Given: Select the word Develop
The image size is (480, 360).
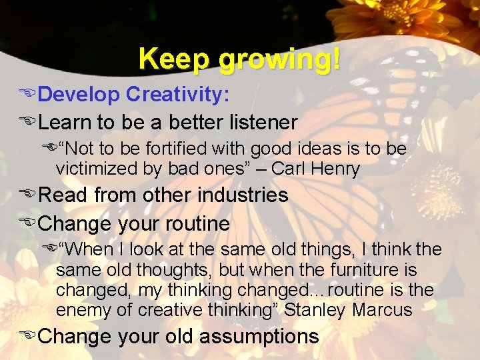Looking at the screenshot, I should (79, 95).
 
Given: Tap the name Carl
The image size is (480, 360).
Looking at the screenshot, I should (291, 169).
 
